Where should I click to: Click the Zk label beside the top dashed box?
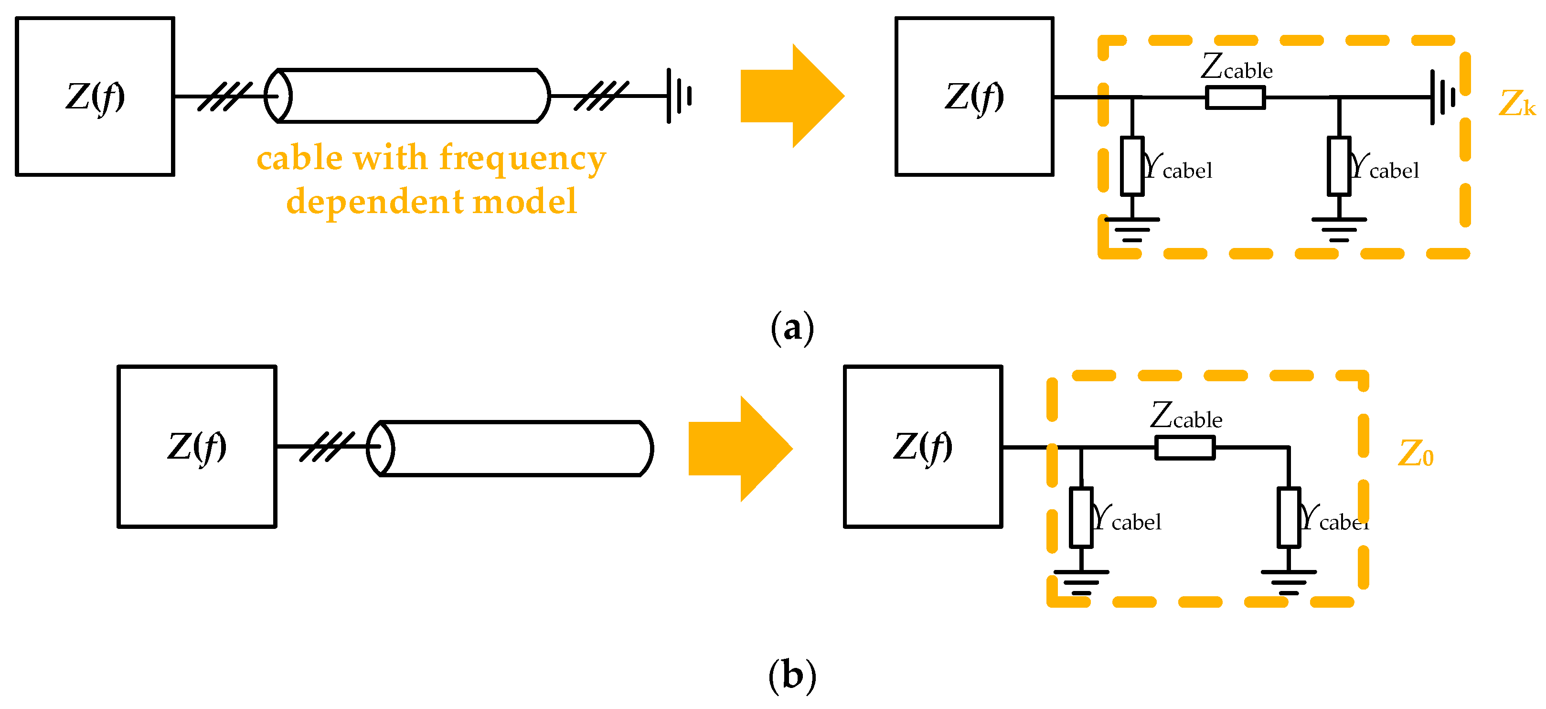tap(1516, 103)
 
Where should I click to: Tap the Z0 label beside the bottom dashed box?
tap(1416, 453)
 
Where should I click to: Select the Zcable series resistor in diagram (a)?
tap(1236, 97)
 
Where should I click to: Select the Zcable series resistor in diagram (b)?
tap(1185, 448)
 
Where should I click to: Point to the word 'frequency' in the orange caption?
tap(522, 159)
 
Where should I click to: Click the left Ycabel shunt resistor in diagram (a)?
tap(1132, 166)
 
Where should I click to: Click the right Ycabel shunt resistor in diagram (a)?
tap(1339, 166)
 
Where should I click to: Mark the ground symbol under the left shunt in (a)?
tap(1132, 230)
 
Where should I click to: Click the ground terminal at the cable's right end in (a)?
tap(679, 96)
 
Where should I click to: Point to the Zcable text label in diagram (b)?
tap(1186, 416)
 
